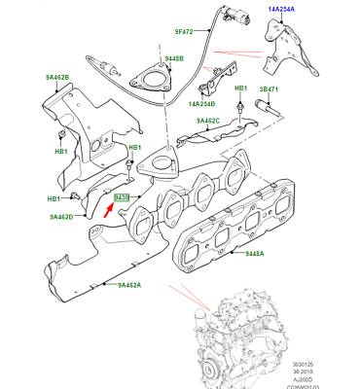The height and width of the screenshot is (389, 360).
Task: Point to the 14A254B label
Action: coord(203,102)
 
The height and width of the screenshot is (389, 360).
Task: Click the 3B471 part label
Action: coord(269,88)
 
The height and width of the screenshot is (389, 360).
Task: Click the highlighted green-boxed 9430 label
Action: coord(123,199)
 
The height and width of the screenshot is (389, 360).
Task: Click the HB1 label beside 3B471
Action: coord(240,88)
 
